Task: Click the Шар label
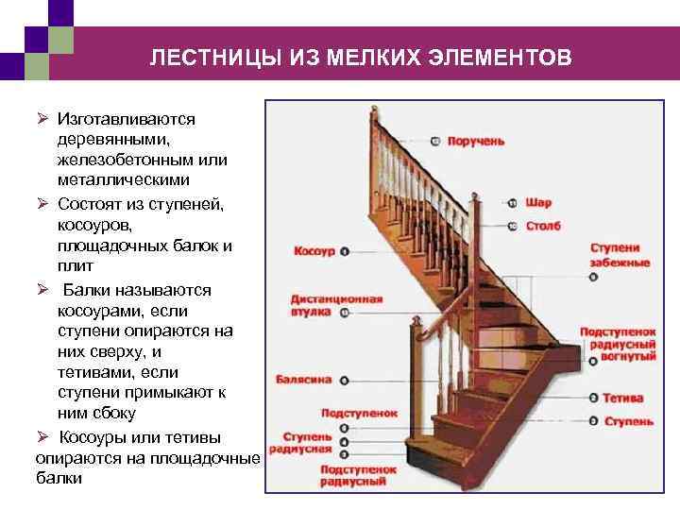tap(538, 202)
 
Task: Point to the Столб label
tap(543, 226)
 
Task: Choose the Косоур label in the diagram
tap(314, 251)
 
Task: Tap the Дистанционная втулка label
tap(335, 304)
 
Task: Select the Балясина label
tap(303, 380)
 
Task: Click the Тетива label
tap(624, 398)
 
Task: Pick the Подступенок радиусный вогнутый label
tap(618, 345)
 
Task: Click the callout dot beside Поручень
tap(434, 141)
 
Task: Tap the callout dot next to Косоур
tap(345, 251)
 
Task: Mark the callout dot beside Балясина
tap(343, 380)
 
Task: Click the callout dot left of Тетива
tap(592, 398)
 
